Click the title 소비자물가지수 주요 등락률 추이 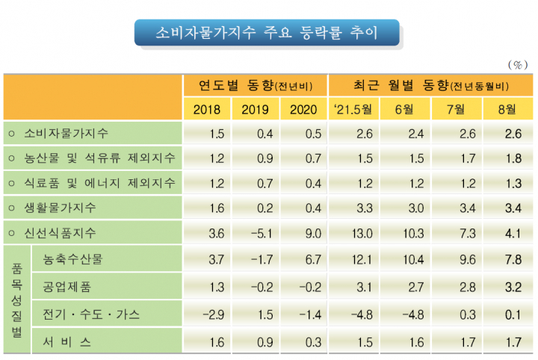[267, 34]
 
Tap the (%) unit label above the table [516, 65]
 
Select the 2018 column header [207, 110]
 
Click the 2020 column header [303, 110]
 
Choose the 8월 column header [507, 110]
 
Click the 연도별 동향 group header [254, 85]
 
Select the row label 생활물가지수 [70, 207]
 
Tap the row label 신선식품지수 [70, 232]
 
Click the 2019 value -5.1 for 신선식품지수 [255, 232]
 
